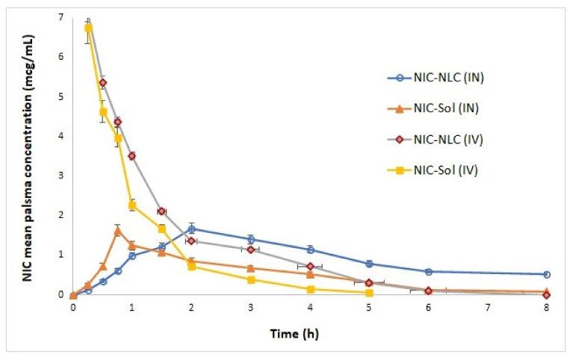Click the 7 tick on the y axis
61,17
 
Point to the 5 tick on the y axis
61,96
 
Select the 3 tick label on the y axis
61,176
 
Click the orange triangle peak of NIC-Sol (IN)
117,231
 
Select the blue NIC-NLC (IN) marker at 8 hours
546,274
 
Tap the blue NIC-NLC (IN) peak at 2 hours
191,229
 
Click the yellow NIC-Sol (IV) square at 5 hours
369,293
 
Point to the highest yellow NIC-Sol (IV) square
88,28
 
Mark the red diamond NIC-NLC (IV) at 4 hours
310,266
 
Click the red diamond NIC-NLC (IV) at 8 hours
546,294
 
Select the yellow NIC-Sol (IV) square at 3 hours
251,279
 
